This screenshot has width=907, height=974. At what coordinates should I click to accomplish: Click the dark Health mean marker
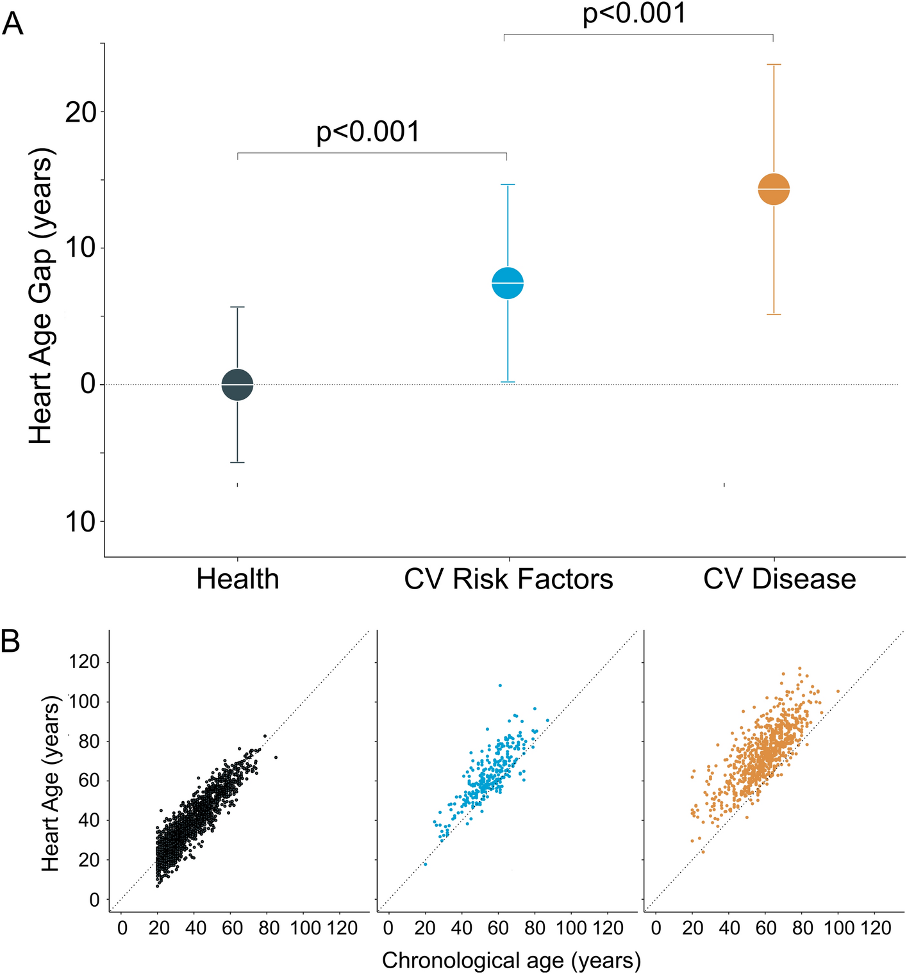coord(238,385)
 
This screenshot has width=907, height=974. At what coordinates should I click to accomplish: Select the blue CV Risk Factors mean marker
coord(508,282)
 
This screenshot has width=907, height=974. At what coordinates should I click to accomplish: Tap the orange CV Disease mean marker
coord(774,189)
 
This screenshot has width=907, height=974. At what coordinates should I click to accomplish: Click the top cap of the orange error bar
coord(774,65)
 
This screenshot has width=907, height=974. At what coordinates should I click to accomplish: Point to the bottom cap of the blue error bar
coord(508,382)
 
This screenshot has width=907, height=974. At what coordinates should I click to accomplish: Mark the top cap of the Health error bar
coord(238,307)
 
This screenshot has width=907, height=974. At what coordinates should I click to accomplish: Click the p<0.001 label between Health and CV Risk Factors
coord(368,132)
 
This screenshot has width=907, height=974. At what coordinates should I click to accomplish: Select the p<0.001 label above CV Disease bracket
coord(634,14)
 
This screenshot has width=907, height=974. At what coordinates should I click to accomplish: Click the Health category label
coord(238,579)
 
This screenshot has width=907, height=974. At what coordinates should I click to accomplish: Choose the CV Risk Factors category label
coord(508,579)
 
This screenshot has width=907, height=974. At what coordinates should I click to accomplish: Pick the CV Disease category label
coord(779,579)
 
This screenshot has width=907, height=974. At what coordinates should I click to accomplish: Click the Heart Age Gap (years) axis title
coord(41,296)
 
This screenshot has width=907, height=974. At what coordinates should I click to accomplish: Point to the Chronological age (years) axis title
coord(512,960)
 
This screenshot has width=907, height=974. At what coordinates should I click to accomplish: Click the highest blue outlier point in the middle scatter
coord(500,686)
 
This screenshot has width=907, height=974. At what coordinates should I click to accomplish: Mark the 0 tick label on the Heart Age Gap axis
coord(88,384)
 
